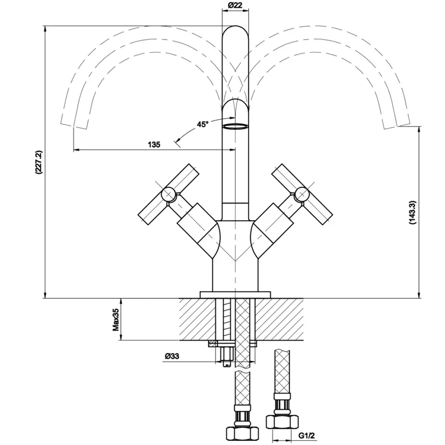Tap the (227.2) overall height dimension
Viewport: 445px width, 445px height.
point(38,162)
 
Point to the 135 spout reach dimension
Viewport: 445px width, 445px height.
point(154,144)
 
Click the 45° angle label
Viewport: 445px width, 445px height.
point(203,125)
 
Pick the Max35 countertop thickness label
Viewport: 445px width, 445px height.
point(115,320)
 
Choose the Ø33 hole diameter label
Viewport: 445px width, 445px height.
point(172,356)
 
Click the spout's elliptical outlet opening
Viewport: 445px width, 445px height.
point(235,126)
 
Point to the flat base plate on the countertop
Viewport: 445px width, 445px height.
point(235,295)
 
